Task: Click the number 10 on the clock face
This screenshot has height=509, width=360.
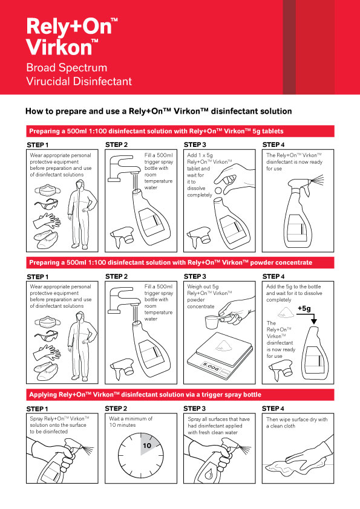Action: (147, 446)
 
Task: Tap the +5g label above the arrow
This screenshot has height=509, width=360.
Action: (304, 308)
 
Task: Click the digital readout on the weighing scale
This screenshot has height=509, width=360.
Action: (211, 366)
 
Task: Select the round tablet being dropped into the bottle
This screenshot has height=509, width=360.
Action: (218, 190)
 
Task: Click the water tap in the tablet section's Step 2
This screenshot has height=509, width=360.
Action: (121, 168)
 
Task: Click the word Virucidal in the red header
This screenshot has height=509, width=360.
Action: (50, 81)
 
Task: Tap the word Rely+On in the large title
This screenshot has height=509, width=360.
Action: (69, 27)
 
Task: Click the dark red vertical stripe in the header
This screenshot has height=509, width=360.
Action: (289, 47)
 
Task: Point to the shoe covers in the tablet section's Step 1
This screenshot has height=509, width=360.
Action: (46, 240)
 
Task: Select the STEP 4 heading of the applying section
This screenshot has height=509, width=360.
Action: (273, 409)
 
